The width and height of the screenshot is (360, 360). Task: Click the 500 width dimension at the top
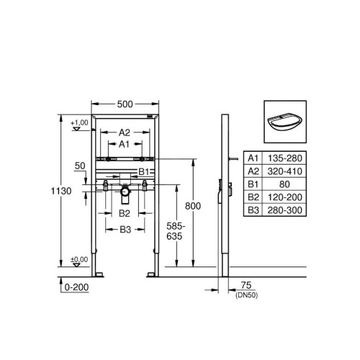(125, 104)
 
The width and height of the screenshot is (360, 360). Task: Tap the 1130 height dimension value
(61, 191)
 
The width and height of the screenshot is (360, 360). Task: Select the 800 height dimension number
(193, 206)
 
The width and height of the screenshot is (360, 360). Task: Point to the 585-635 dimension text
(176, 231)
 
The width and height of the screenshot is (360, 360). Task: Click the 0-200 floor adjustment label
(76, 287)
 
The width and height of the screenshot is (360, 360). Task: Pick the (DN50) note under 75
(246, 295)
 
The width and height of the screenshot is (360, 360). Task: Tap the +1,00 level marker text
(79, 122)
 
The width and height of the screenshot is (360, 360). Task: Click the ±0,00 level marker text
(79, 259)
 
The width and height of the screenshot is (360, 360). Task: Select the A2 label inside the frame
(125, 132)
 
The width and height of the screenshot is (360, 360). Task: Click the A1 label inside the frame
(124, 144)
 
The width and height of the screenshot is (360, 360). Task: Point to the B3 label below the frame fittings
(125, 230)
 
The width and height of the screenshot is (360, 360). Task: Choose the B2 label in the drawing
(125, 213)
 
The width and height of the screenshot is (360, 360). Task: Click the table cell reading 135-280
(285, 158)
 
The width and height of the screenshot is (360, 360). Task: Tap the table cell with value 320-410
(285, 171)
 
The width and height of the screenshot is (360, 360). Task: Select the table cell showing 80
(284, 184)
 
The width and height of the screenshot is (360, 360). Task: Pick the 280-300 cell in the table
(285, 210)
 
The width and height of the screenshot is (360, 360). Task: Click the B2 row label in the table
(253, 197)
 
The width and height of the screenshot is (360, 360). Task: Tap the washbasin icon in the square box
(285, 123)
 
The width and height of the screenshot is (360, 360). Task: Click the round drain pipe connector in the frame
(125, 192)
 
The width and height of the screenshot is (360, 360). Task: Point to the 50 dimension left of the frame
(80, 166)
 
